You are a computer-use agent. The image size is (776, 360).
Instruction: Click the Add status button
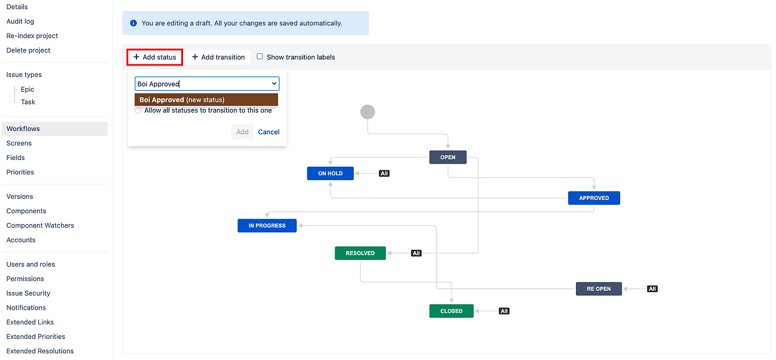155,57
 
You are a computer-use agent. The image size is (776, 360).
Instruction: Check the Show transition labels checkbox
260,56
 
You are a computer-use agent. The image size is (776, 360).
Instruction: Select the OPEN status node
448,158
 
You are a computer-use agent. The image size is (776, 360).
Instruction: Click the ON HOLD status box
330,173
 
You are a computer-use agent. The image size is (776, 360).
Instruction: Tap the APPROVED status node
594,198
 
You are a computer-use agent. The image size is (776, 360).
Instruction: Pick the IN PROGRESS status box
267,226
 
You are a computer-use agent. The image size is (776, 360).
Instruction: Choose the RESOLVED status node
360,253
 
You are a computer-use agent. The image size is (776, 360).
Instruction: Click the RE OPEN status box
598,289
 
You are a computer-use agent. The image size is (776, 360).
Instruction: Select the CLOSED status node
451,311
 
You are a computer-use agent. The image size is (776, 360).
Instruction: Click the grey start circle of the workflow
367,112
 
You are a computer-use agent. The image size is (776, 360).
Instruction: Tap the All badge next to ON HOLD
384,173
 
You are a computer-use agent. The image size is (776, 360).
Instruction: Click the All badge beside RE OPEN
652,289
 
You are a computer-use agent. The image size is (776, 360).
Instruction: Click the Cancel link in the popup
269,132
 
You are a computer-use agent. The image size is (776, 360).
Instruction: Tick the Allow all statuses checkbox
138,110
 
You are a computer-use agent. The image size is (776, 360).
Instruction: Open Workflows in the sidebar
23,128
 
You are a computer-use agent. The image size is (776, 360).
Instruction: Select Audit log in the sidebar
20,21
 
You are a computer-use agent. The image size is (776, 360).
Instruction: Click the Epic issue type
27,89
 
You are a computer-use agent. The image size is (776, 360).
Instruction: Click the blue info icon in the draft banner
133,23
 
